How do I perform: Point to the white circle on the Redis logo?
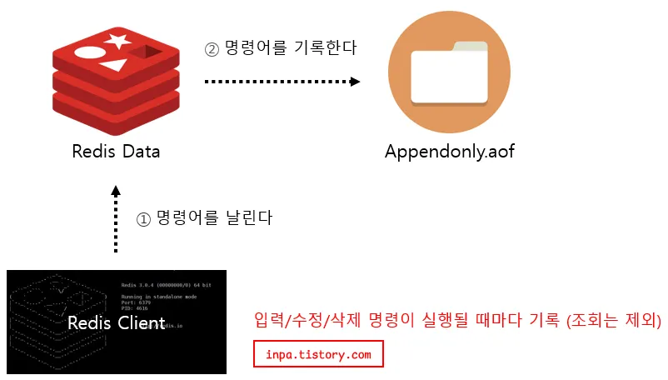[88, 52]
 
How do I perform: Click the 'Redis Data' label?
[116, 152]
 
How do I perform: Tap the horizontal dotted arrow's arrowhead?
[355, 82]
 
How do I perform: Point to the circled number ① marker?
[143, 219]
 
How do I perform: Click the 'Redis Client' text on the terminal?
[116, 322]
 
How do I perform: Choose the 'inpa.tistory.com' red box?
[318, 354]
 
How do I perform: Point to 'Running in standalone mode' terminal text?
[159, 296]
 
